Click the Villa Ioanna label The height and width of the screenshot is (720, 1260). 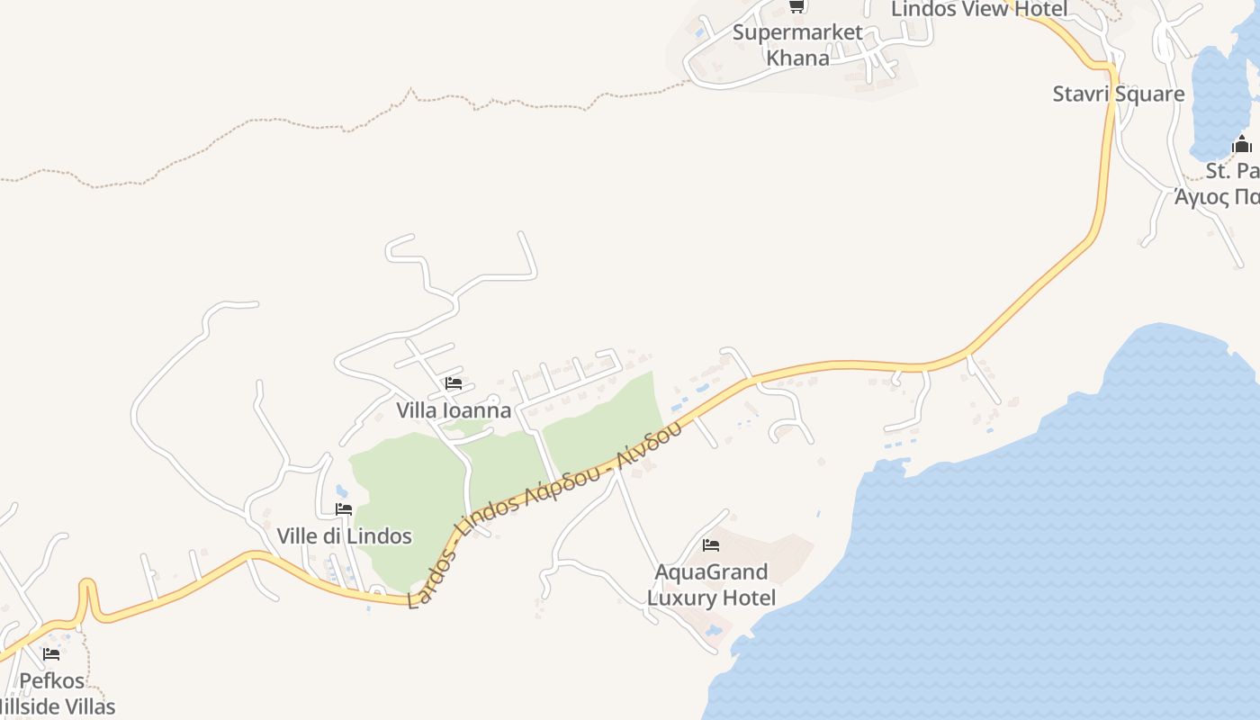click(x=454, y=410)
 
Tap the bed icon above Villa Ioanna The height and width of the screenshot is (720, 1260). click(x=454, y=383)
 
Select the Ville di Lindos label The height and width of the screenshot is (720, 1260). click(x=344, y=536)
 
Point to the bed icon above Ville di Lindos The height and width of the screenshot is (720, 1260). click(x=344, y=509)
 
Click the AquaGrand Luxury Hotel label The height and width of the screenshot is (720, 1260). click(x=711, y=585)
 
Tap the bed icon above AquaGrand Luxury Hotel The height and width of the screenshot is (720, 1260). click(x=711, y=545)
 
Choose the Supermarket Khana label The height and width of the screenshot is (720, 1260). click(x=797, y=45)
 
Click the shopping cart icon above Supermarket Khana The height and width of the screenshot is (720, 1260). click(x=796, y=7)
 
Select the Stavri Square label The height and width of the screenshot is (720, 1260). click(x=1119, y=94)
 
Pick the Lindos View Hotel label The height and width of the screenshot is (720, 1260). click(x=979, y=10)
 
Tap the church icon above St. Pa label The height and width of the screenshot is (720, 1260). click(x=1242, y=144)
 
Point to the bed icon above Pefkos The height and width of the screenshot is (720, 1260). click(x=51, y=654)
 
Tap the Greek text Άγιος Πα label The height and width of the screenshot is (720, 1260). click(x=1217, y=196)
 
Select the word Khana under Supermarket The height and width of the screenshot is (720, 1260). click(x=797, y=58)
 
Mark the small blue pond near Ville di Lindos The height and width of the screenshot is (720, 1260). click(x=342, y=491)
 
